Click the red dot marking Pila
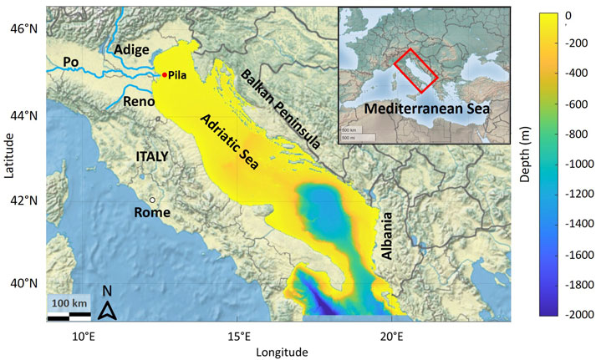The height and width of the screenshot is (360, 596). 164,75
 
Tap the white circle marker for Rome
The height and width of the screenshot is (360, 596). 153,200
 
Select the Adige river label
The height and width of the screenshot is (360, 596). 132,49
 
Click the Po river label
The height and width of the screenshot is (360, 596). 72,62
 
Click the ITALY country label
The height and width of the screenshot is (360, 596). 152,156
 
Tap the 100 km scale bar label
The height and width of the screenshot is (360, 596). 68,302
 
